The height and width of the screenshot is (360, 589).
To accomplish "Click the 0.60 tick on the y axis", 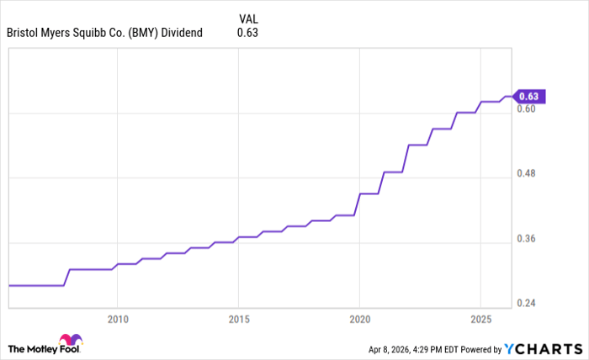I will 528,109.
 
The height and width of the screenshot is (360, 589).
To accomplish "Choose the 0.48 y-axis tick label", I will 528,173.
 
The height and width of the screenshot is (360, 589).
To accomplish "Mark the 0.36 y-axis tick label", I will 528,238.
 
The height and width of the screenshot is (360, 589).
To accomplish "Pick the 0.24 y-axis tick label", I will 528,303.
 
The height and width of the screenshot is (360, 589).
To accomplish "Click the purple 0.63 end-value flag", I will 532,96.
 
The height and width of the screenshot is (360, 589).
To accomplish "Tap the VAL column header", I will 248,18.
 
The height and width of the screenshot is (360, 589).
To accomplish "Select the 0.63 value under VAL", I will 247,34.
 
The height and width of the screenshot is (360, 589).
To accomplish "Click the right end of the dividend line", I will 511,96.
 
